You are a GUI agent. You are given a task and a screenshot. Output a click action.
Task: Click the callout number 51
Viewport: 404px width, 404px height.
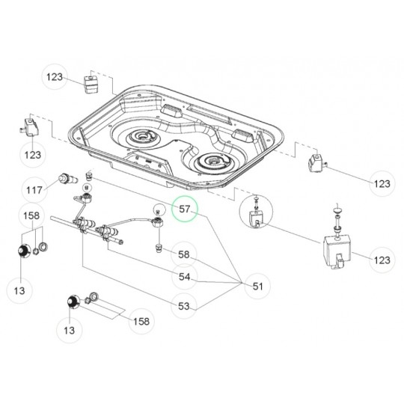257,285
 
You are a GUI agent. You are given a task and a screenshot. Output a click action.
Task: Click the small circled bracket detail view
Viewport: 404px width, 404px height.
255,218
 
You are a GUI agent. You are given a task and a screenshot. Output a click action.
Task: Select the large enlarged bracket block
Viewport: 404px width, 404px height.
336,251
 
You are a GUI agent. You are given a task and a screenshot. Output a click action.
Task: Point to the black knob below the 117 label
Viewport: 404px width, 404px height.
24,250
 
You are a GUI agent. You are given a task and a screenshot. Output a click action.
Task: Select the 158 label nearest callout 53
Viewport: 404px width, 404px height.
139,322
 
